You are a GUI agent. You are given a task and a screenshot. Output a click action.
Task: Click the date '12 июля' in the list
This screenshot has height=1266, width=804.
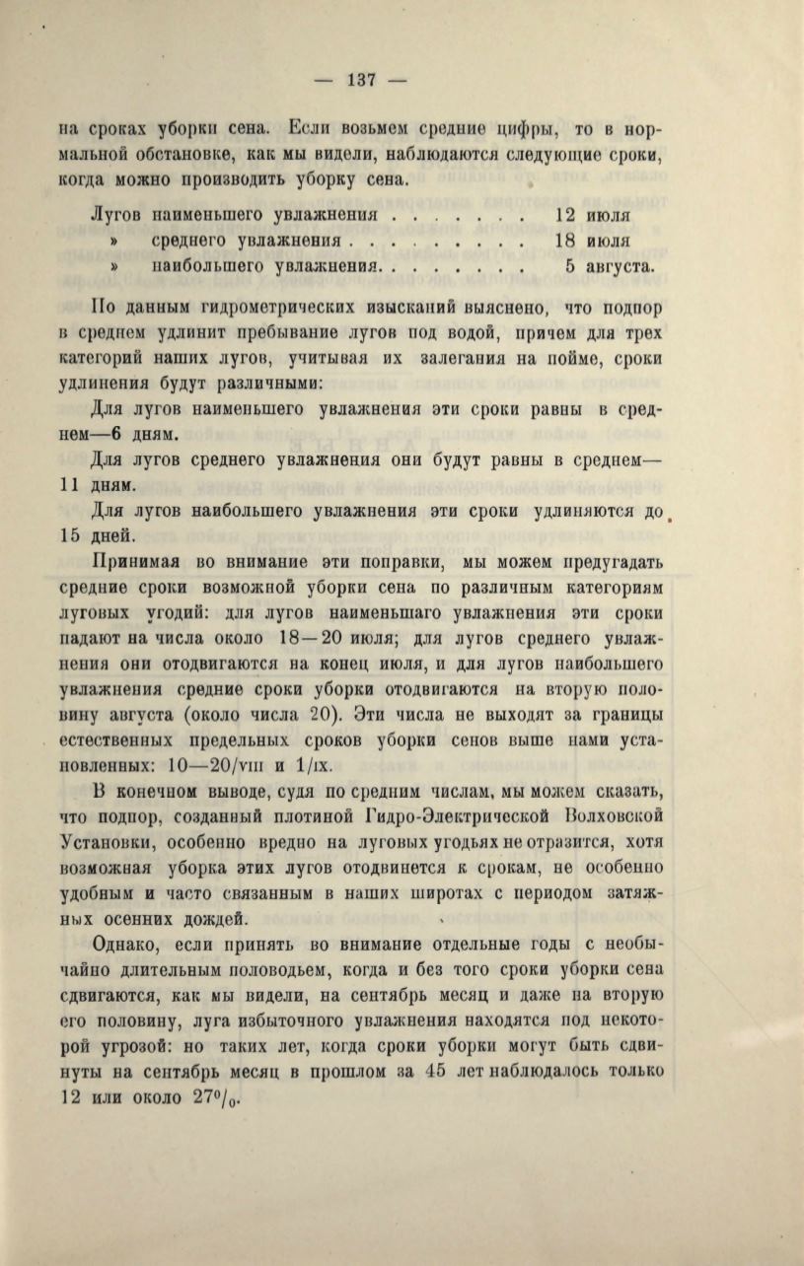point(593,214)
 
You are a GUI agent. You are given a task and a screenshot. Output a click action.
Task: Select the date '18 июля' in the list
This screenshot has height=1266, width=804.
point(593,241)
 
